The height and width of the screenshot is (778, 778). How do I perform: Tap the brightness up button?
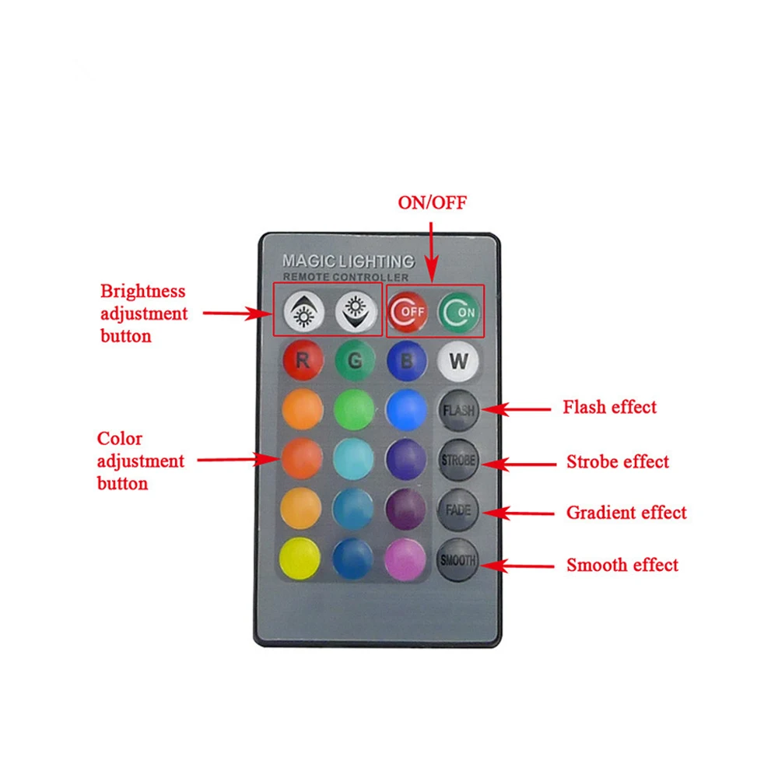click(x=303, y=312)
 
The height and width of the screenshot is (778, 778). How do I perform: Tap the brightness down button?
click(x=355, y=312)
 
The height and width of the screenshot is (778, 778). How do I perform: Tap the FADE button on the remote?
click(x=457, y=511)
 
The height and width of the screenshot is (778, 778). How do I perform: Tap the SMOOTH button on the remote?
click(x=457, y=560)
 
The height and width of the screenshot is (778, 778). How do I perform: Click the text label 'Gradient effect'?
click(x=626, y=513)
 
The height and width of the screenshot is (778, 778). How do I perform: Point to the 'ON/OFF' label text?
click(x=432, y=203)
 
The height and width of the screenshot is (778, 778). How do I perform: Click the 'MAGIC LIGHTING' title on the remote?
click(x=348, y=261)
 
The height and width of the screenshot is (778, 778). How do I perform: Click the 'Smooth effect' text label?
click(x=622, y=565)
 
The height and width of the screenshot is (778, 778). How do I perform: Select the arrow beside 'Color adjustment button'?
click(x=237, y=460)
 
